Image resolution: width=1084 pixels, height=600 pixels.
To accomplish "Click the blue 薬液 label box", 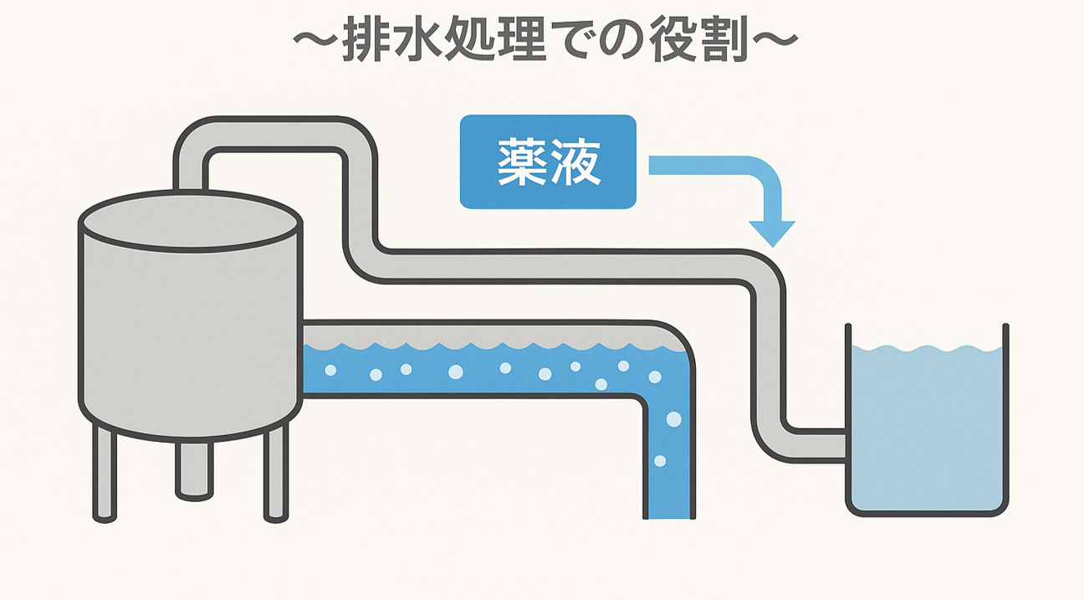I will pos(548,162).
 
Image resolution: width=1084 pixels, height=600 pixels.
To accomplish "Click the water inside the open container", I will pos(927,427).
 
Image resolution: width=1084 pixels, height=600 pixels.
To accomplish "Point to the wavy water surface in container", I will pos(927,348).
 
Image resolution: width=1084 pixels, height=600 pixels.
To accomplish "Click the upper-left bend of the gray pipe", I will pos(194,137).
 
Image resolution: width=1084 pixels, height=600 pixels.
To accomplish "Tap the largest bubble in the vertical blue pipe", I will pos(673,418).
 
